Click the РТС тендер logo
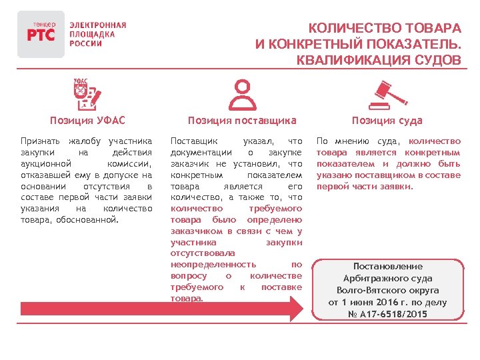[41, 34]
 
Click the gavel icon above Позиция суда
[388, 95]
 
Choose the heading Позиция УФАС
[87, 121]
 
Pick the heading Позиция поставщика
[241, 121]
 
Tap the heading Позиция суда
[387, 121]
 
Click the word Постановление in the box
[387, 266]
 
